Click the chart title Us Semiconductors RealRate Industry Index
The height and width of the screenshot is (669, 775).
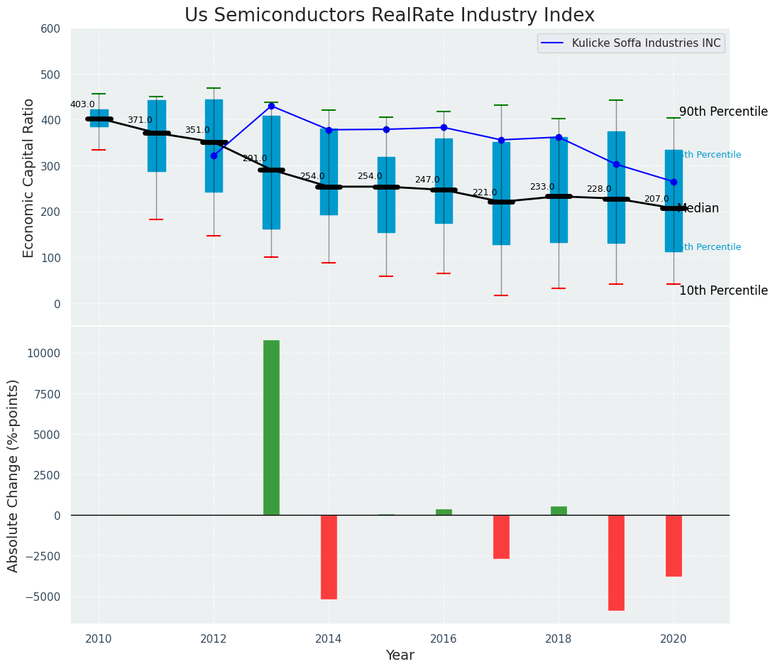pyautogui.click(x=389, y=16)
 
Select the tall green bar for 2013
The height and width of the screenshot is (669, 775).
pyautogui.click(x=271, y=428)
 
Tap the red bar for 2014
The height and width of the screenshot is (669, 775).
pyautogui.click(x=329, y=557)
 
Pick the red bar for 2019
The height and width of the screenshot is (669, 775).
pyautogui.click(x=616, y=562)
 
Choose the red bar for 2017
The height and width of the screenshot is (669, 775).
pyautogui.click(x=501, y=537)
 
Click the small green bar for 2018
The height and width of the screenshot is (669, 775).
pyautogui.click(x=559, y=511)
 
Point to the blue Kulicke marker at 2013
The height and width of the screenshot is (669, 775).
pyautogui.click(x=271, y=107)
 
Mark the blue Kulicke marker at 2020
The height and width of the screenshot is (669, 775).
pyautogui.click(x=674, y=183)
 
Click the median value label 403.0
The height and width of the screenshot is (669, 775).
pyautogui.click(x=82, y=104)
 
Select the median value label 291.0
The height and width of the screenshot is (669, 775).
pyautogui.click(x=255, y=158)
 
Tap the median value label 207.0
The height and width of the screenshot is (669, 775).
pyautogui.click(x=656, y=199)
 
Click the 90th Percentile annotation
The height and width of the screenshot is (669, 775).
pyautogui.click(x=723, y=111)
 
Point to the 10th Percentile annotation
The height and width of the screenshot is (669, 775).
pyautogui.click(x=723, y=290)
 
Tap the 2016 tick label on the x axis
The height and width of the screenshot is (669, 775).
pyautogui.click(x=444, y=639)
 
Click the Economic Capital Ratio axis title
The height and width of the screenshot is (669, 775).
pyautogui.click(x=29, y=178)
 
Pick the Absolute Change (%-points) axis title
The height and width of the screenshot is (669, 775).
pyautogui.click(x=13, y=475)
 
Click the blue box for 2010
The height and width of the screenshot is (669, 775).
pyautogui.click(x=99, y=118)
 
